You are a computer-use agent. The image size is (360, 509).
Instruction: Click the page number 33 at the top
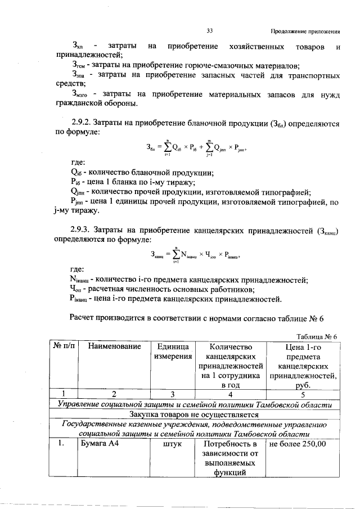pos(209,30)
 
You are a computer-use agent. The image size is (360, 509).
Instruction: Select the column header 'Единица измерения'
pos(172,352)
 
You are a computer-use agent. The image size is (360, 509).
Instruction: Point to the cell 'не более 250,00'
pos(298,443)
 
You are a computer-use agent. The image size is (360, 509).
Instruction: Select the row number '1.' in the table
pos(66,443)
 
